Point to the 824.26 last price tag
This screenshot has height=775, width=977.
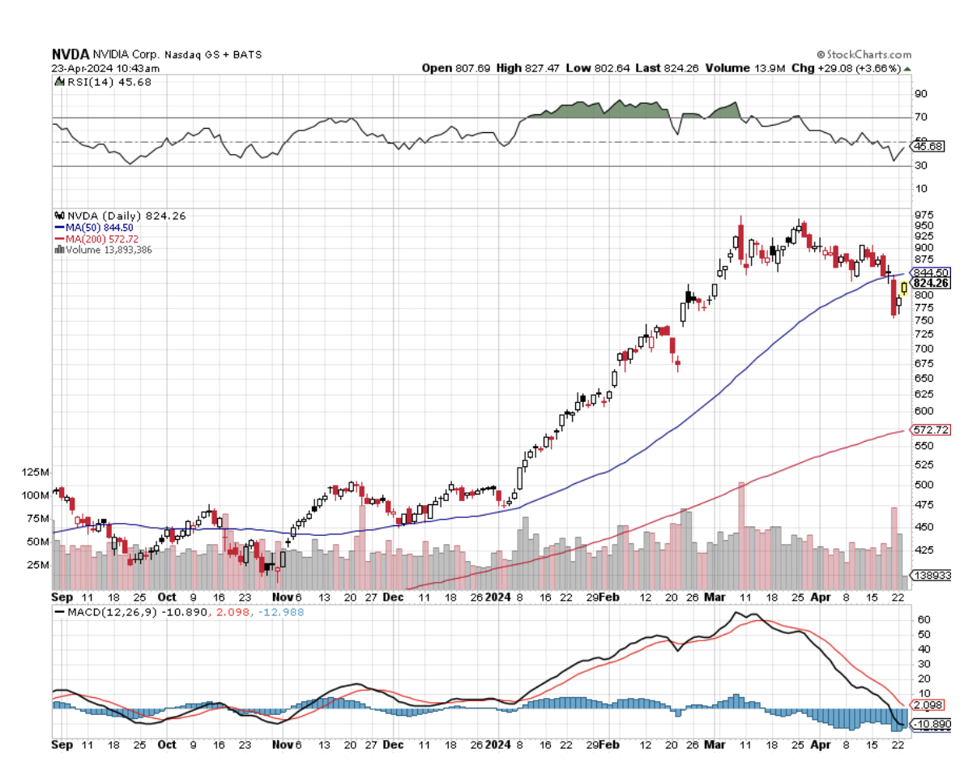click(930, 283)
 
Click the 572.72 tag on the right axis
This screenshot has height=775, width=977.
click(930, 429)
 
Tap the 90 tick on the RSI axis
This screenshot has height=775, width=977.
click(921, 94)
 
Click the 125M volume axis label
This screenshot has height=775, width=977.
click(36, 472)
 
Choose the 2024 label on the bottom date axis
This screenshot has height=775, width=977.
click(497, 596)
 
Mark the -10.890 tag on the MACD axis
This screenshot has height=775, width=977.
click(930, 724)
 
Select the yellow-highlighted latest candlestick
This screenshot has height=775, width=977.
click(904, 287)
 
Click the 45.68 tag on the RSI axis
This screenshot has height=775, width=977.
click(928, 146)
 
